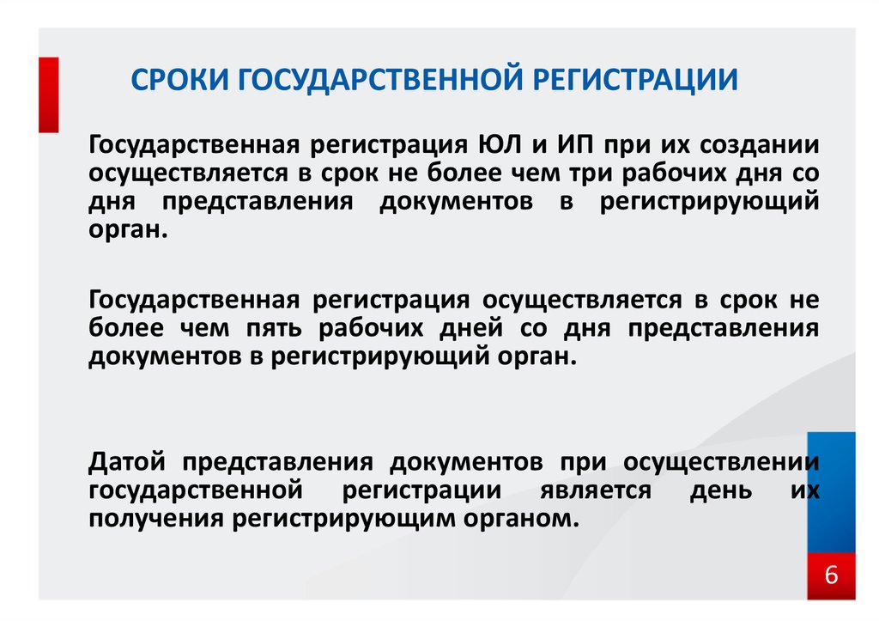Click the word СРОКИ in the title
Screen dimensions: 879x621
[180, 79]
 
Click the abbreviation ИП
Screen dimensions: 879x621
[575, 145]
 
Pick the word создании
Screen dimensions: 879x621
[759, 146]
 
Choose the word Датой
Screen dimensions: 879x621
[127, 463]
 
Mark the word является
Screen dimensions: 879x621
[596, 490]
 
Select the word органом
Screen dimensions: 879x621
[521, 519]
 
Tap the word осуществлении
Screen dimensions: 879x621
[721, 463]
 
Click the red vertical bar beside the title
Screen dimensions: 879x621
[49, 94]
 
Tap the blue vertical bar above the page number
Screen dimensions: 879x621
[831, 492]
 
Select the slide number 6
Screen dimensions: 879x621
[831, 575]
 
